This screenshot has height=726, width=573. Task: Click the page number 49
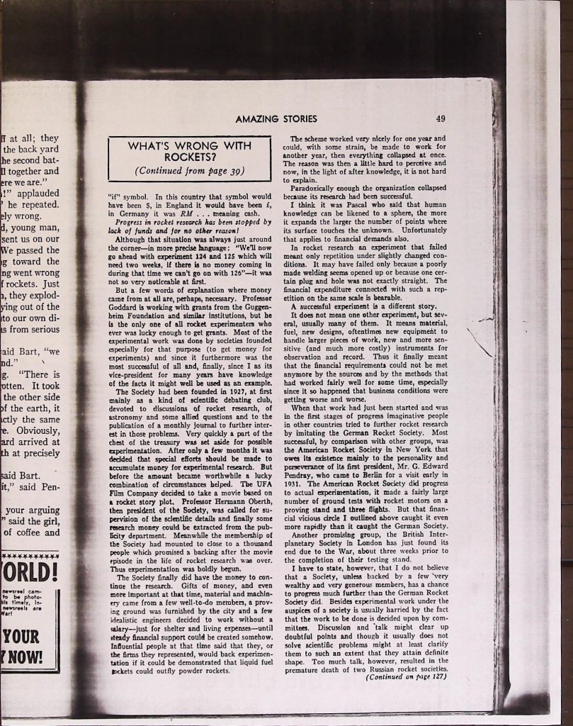tap(441, 119)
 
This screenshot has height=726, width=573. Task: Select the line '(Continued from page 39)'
tap(189, 170)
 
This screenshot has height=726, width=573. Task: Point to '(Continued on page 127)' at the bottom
tap(407, 676)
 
